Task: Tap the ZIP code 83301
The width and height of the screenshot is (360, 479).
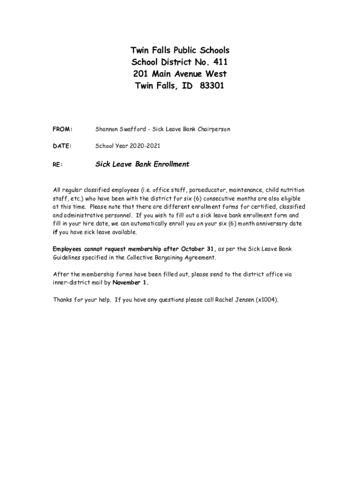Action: [x=210, y=86]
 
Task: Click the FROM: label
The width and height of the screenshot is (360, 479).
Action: [x=62, y=129]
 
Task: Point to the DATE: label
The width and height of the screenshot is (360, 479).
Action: [x=62, y=146]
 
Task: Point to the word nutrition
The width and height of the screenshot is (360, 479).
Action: [x=292, y=190]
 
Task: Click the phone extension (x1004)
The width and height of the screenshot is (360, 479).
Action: [x=267, y=300]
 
